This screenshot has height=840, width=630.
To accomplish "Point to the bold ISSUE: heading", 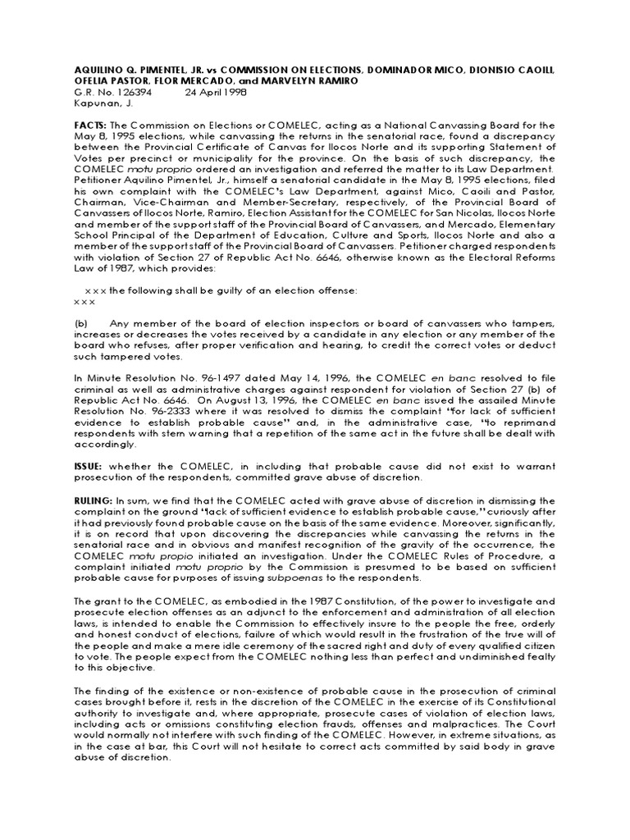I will point(90,465).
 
